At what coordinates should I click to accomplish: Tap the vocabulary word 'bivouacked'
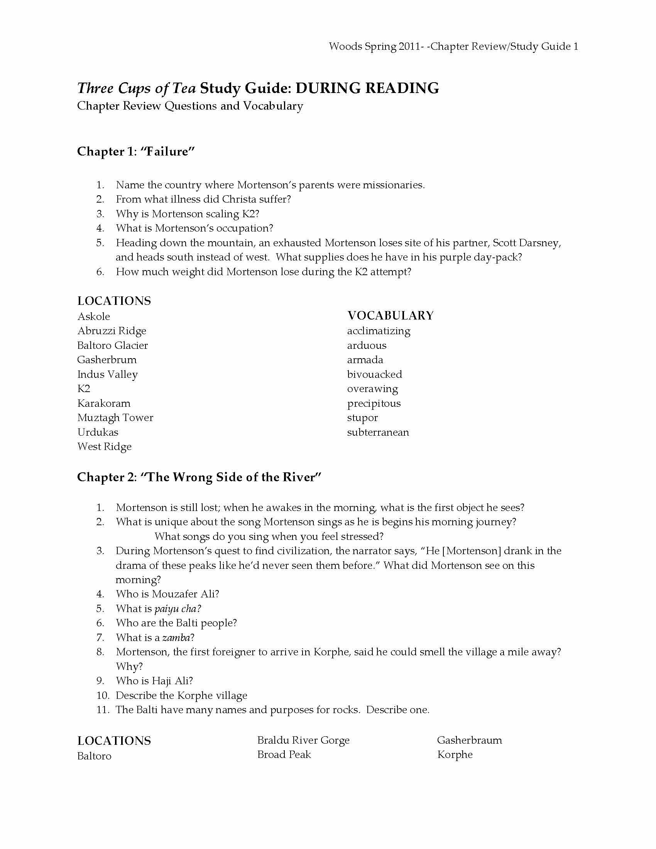click(x=374, y=374)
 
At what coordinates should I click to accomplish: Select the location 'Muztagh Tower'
click(x=115, y=418)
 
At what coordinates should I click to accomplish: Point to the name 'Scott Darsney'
click(x=526, y=243)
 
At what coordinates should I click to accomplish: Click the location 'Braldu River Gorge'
click(x=303, y=740)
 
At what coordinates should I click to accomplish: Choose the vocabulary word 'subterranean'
click(x=378, y=432)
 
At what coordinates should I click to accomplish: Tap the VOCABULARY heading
click(x=390, y=315)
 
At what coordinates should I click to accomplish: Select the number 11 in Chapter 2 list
click(x=103, y=709)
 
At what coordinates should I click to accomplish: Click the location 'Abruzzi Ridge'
click(x=112, y=331)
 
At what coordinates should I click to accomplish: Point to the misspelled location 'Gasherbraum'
click(x=469, y=740)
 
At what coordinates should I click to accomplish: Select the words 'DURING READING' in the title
click(x=367, y=88)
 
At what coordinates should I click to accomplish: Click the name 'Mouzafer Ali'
click(x=185, y=594)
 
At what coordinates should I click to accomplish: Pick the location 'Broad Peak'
click(x=284, y=754)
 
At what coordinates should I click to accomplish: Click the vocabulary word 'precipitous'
click(x=374, y=403)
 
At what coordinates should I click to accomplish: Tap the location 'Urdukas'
click(x=98, y=432)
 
